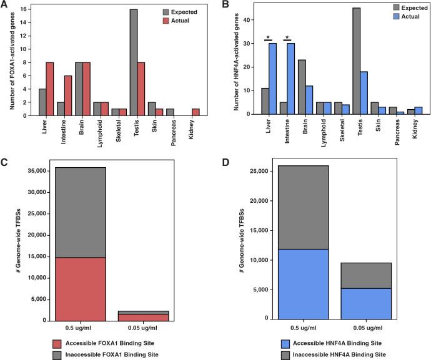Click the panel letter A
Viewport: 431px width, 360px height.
click(5, 6)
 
